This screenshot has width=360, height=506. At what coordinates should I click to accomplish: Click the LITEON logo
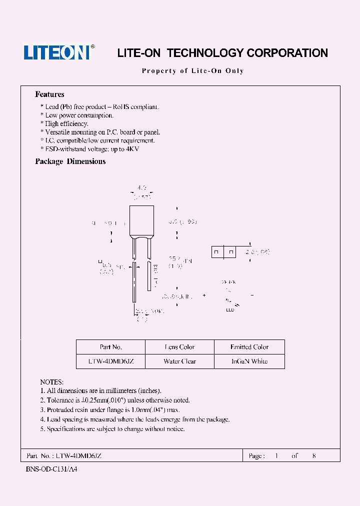click(56, 52)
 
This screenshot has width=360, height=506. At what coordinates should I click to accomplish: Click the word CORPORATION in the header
click(288, 53)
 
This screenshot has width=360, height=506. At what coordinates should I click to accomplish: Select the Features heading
click(49, 94)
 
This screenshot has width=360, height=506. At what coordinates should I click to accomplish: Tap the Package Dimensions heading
click(70, 161)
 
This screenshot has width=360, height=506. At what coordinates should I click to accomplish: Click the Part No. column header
click(110, 347)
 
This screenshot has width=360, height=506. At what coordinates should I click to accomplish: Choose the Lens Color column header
click(179, 347)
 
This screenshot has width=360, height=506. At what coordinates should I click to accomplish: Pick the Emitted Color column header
click(249, 347)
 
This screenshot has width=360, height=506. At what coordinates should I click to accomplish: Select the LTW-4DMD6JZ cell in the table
click(110, 361)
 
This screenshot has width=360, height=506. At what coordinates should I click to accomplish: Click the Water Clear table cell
click(179, 361)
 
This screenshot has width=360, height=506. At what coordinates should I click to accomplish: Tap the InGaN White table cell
click(249, 361)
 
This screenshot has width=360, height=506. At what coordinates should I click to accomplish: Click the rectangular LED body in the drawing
click(141, 221)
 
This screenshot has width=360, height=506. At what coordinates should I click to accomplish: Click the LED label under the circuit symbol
click(229, 310)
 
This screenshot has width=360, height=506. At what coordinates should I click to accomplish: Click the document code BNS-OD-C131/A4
click(51, 470)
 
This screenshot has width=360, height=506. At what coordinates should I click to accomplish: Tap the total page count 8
click(314, 456)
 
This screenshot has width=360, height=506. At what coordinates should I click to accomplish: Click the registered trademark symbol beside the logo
click(92, 47)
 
